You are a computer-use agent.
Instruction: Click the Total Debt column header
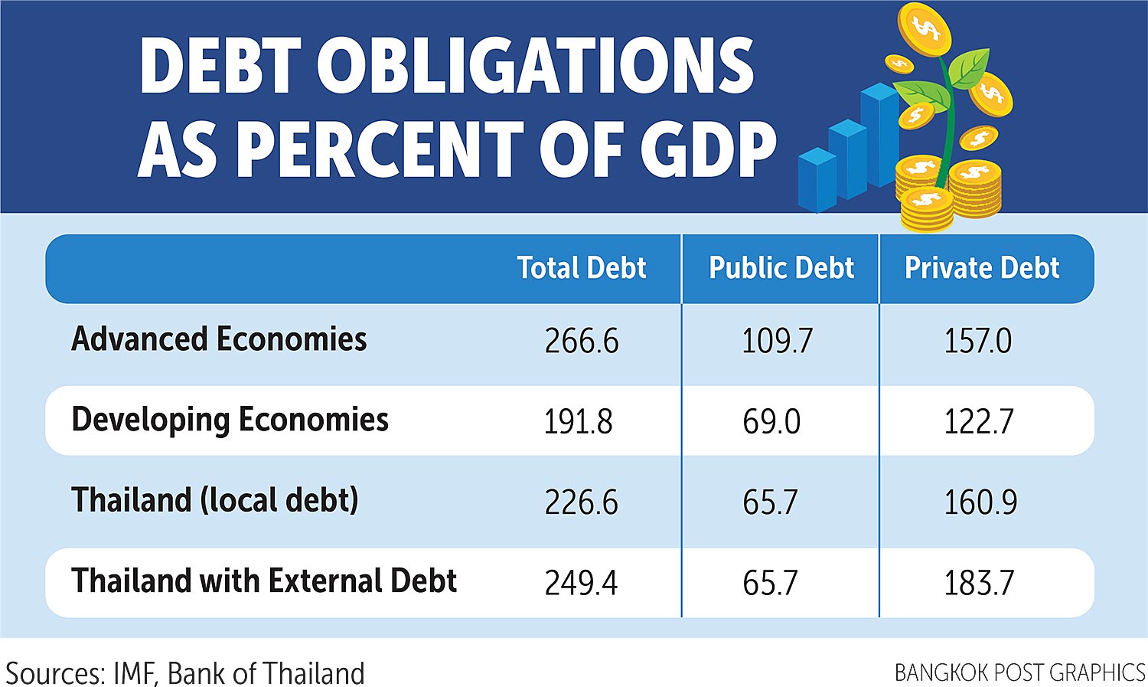(x=581, y=268)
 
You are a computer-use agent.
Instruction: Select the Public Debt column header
(x=781, y=268)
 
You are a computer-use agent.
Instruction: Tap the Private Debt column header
(x=982, y=268)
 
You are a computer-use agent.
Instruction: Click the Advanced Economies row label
(x=219, y=339)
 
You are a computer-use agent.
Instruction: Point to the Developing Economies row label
(x=230, y=420)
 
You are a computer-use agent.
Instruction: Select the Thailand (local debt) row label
(x=215, y=500)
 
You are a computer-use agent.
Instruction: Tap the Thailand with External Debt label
(x=264, y=581)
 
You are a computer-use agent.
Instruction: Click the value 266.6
(x=582, y=341)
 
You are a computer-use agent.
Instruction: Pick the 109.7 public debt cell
(x=777, y=341)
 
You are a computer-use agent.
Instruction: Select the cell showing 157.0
(x=978, y=341)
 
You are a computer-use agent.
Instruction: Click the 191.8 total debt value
(x=579, y=422)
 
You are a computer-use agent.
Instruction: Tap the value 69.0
(x=771, y=422)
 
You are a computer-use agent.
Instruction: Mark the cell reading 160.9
(x=980, y=502)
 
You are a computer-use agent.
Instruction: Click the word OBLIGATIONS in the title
(x=536, y=67)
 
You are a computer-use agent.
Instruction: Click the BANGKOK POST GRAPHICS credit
(x=1019, y=672)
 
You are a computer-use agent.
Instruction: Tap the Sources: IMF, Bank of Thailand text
(x=185, y=673)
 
